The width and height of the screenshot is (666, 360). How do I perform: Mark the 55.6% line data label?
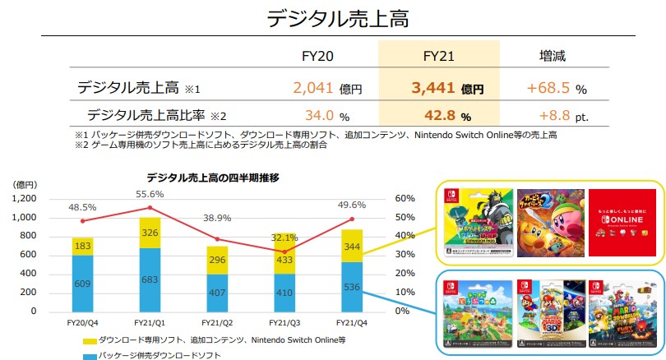pyautogui.click(x=150, y=194)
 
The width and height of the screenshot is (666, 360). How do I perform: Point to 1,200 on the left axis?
pyautogui.click(x=25, y=198)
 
